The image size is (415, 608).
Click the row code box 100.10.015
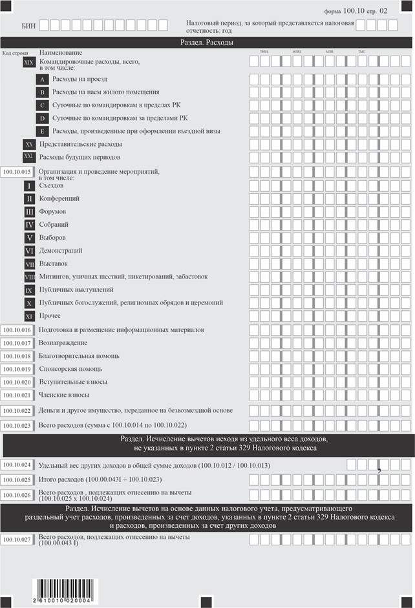coord(17,172)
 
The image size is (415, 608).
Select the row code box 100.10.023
coord(17,426)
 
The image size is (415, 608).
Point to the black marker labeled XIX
coord(29,63)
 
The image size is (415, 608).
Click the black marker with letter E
coord(42,131)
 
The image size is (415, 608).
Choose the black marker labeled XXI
coord(29,157)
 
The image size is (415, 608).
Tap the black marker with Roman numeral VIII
coord(29,277)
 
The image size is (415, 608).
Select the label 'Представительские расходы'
coord(80,144)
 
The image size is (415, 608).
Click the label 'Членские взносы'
coord(64,395)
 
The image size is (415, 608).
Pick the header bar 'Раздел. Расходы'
coord(207,42)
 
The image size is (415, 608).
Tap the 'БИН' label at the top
coord(28,25)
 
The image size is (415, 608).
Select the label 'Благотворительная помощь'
coord(79,356)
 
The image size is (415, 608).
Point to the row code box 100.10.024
coord(17,465)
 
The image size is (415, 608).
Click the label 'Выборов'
coord(52,237)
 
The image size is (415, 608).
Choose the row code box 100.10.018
coord(17,356)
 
